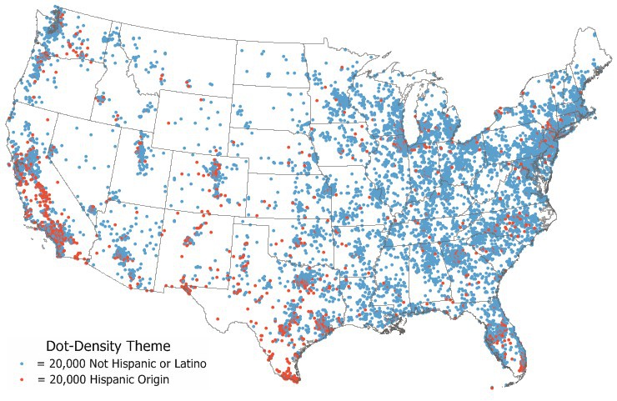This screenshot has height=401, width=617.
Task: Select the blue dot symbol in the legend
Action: click(23, 364)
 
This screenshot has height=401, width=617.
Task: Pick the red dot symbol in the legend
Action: click(23, 380)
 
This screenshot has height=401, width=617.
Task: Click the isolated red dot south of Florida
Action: click(492, 387)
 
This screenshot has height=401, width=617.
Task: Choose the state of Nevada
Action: click(79, 158)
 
